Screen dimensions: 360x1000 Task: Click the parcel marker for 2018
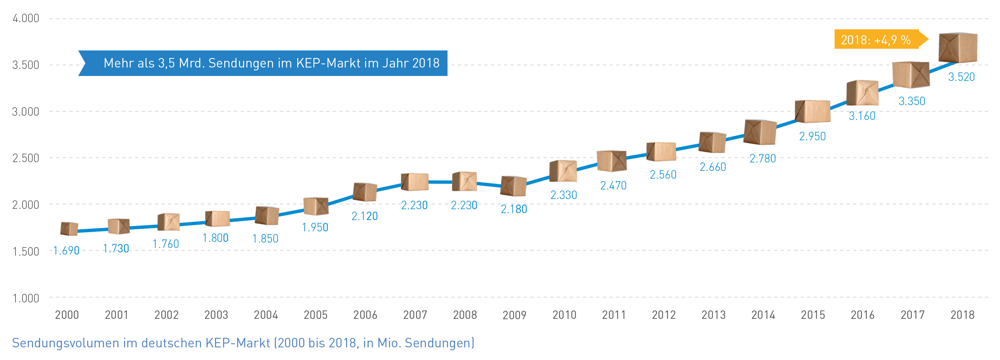958,47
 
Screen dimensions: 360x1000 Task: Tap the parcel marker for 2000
69,229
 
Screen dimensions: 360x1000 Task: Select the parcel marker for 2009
513,186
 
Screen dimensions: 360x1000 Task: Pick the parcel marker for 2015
812,111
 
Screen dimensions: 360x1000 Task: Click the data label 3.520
961,77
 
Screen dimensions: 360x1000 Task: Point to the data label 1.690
66,250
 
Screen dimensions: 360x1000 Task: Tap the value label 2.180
514,209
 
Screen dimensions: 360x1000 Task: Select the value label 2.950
812,136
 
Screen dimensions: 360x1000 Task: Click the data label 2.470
613,186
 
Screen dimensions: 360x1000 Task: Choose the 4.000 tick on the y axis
26,18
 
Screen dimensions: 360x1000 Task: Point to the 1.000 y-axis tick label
26,298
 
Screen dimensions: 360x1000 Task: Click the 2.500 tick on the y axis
26,158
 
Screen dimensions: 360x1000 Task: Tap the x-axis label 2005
315,315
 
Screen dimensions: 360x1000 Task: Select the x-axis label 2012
663,315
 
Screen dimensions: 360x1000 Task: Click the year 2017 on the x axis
912,315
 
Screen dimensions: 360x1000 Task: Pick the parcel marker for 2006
365,192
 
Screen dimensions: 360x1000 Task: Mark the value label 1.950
315,227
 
